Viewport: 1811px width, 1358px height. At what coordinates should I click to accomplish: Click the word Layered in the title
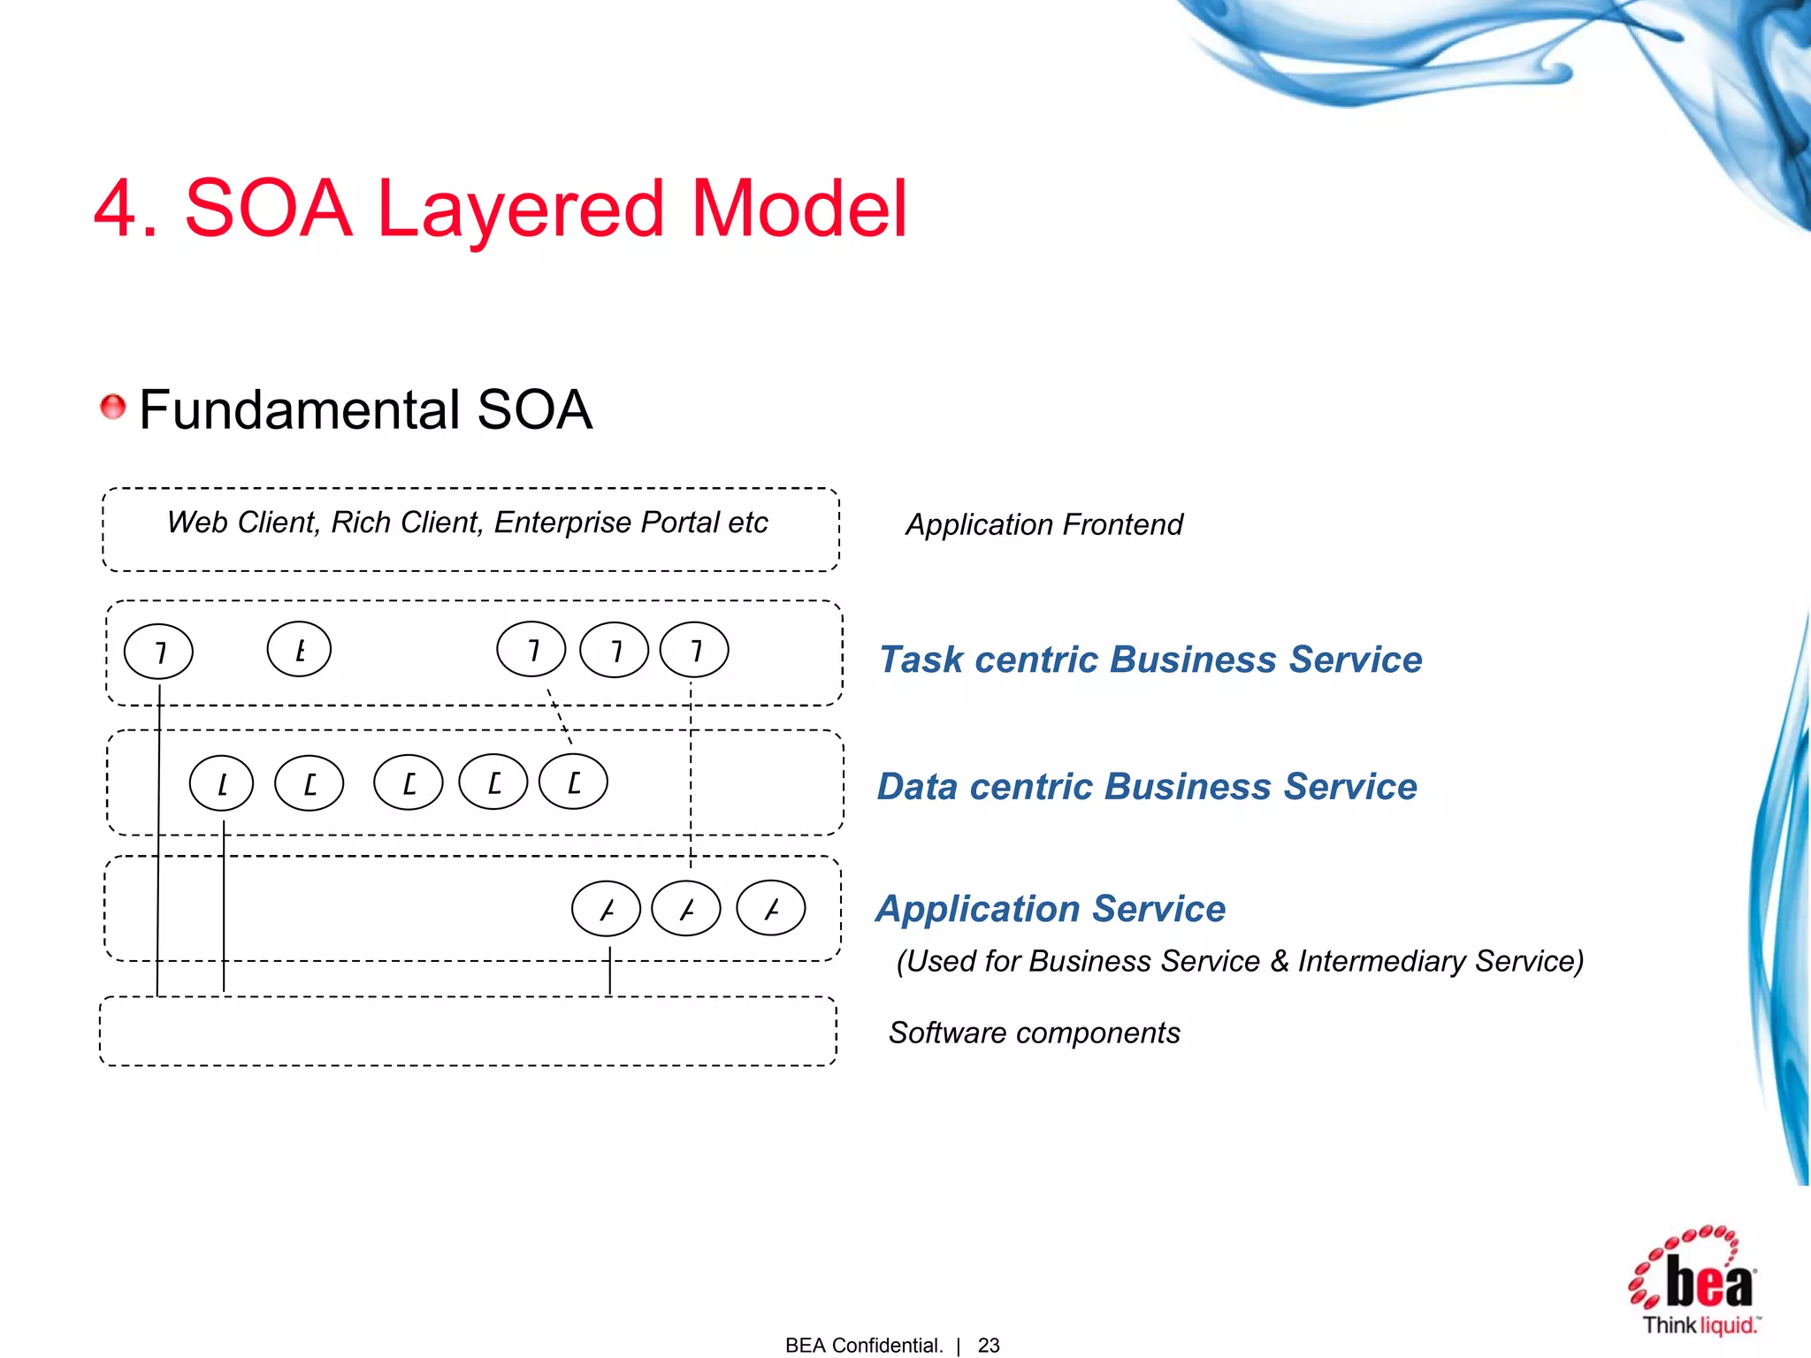[519, 210]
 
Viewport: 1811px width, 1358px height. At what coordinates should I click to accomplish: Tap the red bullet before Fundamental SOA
[113, 408]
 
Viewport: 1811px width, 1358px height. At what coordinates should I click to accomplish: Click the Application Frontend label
[1043, 524]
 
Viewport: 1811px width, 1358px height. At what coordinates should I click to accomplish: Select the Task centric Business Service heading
[1150, 660]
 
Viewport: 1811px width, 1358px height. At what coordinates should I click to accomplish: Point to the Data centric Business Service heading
[1147, 786]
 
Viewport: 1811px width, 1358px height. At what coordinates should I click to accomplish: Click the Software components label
[1034, 1033]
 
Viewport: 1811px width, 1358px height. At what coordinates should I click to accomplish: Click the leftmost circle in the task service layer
[159, 652]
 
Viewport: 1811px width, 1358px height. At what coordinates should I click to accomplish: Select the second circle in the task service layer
[300, 650]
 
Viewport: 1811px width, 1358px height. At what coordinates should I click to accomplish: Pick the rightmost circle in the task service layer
[695, 651]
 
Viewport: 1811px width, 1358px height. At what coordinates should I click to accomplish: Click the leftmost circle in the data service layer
[222, 783]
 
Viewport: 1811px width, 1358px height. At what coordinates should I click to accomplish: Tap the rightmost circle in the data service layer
[574, 782]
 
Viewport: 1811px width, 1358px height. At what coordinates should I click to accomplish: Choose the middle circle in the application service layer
[686, 909]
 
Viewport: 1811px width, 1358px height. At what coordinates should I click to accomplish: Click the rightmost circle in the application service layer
[771, 908]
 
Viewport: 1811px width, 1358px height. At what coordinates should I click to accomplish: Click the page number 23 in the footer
[989, 1345]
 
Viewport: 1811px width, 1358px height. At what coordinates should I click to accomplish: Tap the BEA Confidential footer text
[863, 1345]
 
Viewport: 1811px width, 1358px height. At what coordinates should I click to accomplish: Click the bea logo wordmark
[1708, 1281]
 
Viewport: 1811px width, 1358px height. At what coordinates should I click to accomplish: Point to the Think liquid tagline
[1700, 1325]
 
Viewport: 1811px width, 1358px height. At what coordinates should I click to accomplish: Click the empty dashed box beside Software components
[469, 1032]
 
